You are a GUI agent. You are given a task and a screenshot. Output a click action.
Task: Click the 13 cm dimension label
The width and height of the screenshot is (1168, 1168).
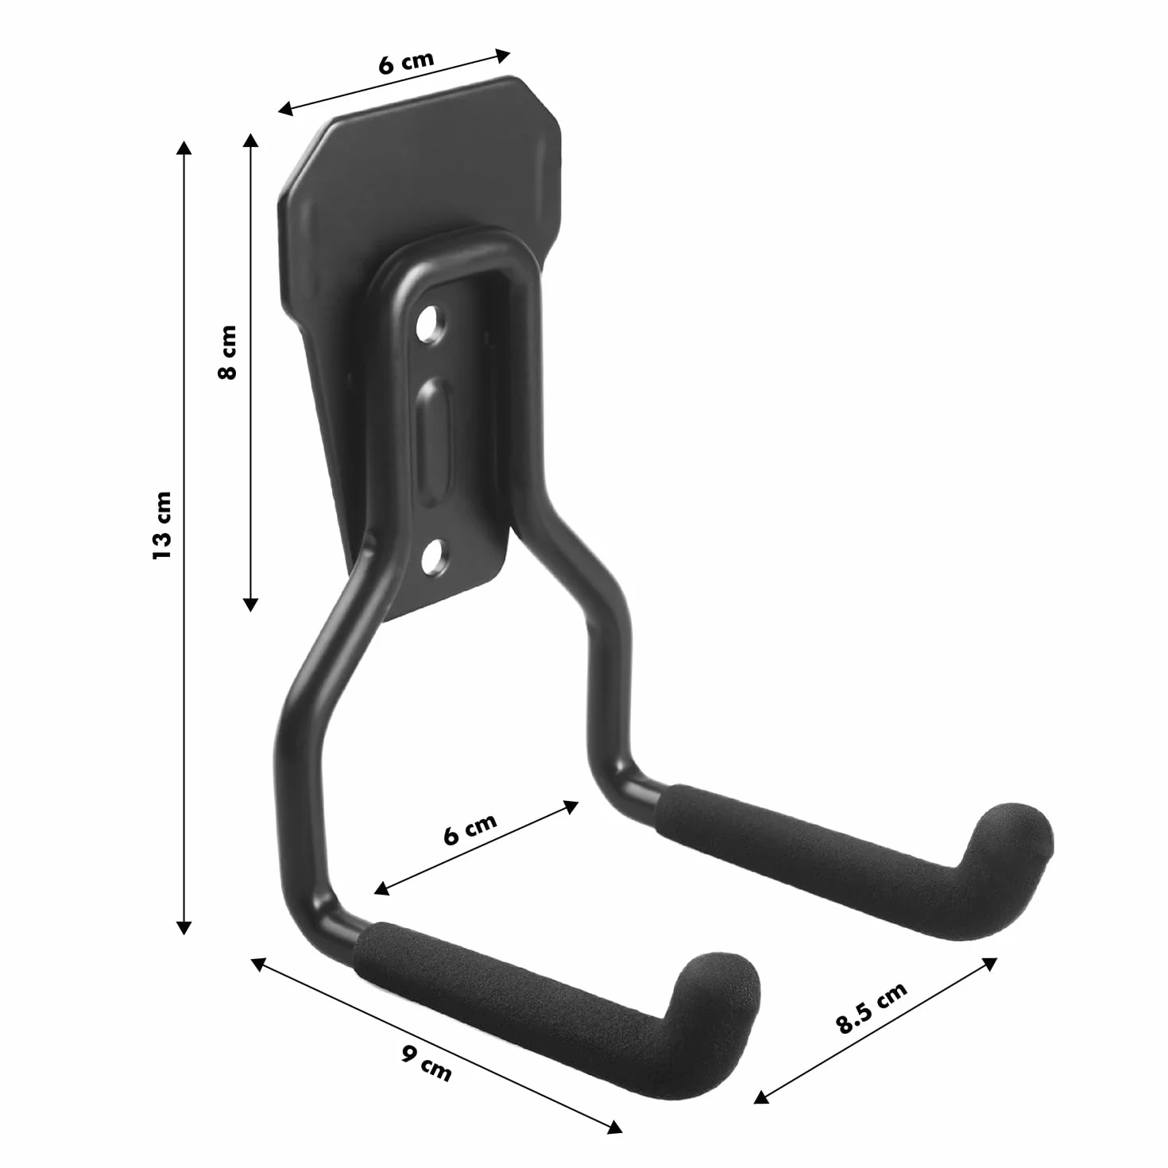162,525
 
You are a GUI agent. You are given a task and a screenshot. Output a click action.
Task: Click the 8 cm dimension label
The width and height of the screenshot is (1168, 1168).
227,352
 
